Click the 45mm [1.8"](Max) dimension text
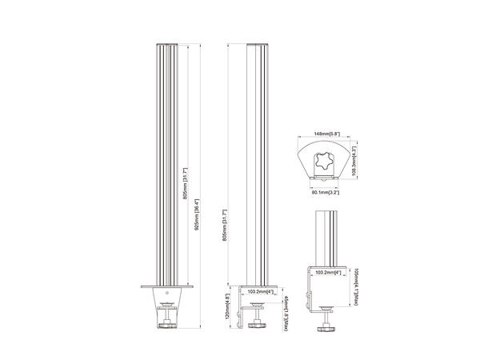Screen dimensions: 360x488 point(286,306)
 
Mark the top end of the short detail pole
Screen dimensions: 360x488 point(329,211)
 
